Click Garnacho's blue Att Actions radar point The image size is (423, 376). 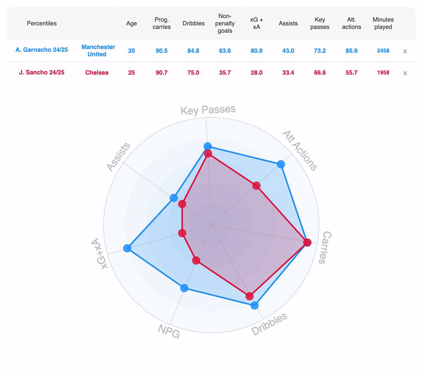[x=281, y=164]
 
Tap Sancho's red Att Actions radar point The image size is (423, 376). [x=256, y=186]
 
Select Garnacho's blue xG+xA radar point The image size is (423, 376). [x=127, y=248]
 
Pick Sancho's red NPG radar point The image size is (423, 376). [x=196, y=260]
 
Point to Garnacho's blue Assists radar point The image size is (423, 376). [x=174, y=198]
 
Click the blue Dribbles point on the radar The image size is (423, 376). [x=255, y=305]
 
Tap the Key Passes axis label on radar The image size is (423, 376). [x=208, y=110]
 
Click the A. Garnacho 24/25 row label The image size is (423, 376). [x=42, y=50]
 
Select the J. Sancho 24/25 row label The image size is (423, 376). [x=42, y=72]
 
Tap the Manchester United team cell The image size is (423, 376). [x=98, y=50]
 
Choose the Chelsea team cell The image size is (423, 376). [x=97, y=73]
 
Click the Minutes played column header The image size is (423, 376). [x=383, y=23]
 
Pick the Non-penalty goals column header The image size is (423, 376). [x=225, y=23]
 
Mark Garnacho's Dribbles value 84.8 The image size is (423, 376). [x=193, y=51]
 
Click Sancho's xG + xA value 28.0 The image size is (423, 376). [x=256, y=73]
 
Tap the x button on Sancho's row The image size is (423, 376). [x=405, y=73]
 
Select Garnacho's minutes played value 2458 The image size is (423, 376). [x=383, y=51]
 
